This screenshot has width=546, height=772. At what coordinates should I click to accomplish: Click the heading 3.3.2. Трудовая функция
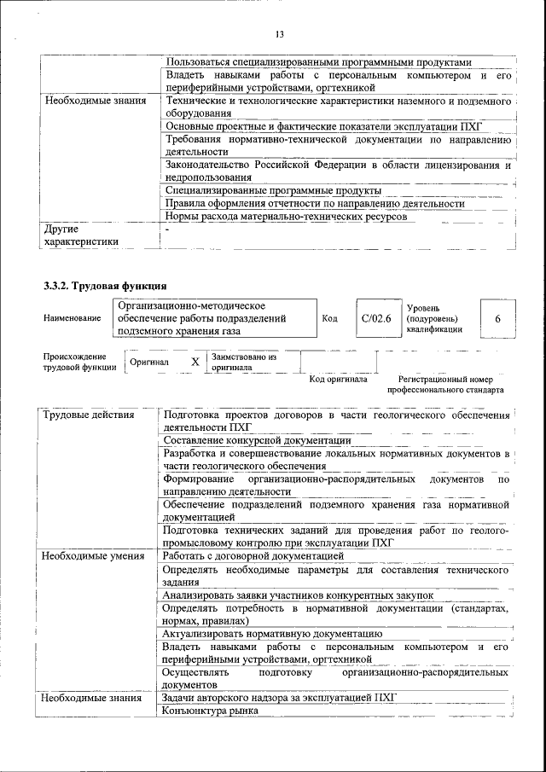point(105,284)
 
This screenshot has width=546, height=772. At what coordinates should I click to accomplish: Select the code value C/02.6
point(375,318)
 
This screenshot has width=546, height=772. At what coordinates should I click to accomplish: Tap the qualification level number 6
point(497,318)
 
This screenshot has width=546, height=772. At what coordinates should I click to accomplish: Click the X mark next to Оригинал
point(195,363)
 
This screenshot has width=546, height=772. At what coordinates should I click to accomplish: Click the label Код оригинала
point(338,379)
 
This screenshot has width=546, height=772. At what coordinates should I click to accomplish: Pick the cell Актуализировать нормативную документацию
point(271,633)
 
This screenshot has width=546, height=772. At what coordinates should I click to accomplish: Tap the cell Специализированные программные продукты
point(273,190)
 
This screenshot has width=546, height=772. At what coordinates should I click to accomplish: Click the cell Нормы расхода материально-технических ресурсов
point(286,216)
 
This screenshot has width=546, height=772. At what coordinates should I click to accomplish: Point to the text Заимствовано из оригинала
point(245,363)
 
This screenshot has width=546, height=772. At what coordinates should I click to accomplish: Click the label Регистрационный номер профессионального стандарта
point(445,384)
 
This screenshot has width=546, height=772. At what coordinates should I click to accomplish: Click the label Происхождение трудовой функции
point(75,363)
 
